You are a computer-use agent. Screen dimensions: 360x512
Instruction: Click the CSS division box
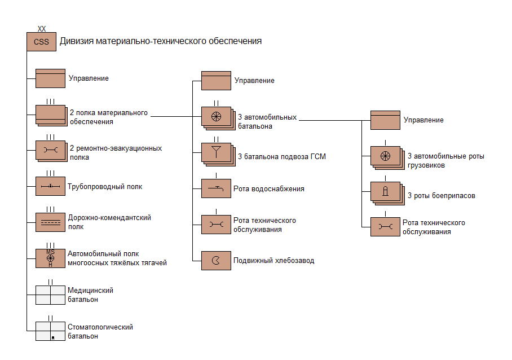41,42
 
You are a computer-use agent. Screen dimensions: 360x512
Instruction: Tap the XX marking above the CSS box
41,28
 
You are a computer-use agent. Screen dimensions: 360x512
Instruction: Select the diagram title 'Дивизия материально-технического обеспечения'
160,41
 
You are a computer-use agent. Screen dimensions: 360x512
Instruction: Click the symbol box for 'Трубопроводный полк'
50,186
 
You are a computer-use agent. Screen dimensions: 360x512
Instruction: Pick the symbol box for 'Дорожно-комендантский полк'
50,222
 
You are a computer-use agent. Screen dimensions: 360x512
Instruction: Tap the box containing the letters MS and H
50,258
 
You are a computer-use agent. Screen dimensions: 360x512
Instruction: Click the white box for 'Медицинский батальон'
50,295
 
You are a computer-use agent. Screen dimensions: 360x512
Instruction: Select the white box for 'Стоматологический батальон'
50,331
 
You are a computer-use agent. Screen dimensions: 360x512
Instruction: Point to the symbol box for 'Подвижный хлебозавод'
216,261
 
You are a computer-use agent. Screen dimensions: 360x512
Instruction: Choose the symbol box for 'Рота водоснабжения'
216,188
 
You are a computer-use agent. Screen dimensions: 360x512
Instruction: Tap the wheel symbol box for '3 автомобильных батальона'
216,117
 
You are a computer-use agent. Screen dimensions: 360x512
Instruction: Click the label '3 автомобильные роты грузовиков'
446,161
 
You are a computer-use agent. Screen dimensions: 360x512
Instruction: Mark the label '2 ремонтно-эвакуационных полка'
116,153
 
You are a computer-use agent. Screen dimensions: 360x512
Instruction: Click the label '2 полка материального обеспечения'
109,117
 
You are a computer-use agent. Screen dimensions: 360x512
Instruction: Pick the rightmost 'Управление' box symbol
385,120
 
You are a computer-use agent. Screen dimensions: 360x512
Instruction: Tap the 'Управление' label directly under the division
89,78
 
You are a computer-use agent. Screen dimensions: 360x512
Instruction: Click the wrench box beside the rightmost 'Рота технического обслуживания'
385,227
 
